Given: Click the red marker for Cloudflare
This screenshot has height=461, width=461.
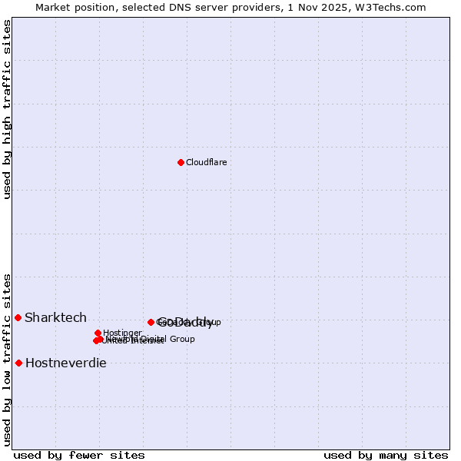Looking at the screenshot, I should coord(181,162).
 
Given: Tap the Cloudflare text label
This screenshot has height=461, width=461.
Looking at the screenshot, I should coord(206,162).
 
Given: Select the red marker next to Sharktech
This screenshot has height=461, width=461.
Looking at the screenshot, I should coord(18,317).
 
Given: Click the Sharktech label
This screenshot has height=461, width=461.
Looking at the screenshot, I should coord(55,317).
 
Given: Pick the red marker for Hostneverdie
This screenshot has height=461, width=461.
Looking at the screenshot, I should coord(18,363).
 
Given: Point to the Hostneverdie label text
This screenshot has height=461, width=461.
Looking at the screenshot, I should coord(65,363).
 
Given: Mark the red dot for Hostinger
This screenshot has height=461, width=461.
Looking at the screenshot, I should coord(98,333).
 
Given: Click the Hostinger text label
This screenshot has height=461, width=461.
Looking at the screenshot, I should coord(122,333).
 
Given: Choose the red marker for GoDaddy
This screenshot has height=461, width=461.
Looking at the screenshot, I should coord(151,322).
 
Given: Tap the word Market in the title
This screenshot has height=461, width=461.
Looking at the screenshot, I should coord(53,7).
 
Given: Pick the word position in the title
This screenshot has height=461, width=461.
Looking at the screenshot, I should coord(100,7).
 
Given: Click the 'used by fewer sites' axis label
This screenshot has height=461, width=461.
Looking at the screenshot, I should coord(78,455).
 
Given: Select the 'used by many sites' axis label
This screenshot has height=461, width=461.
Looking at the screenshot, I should coord(386,455).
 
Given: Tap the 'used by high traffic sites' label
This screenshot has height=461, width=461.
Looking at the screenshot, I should coord(7,109).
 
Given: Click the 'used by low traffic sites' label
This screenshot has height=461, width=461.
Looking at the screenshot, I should coord(7,360).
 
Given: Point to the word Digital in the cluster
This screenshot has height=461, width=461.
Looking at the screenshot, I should coord(153,338).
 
